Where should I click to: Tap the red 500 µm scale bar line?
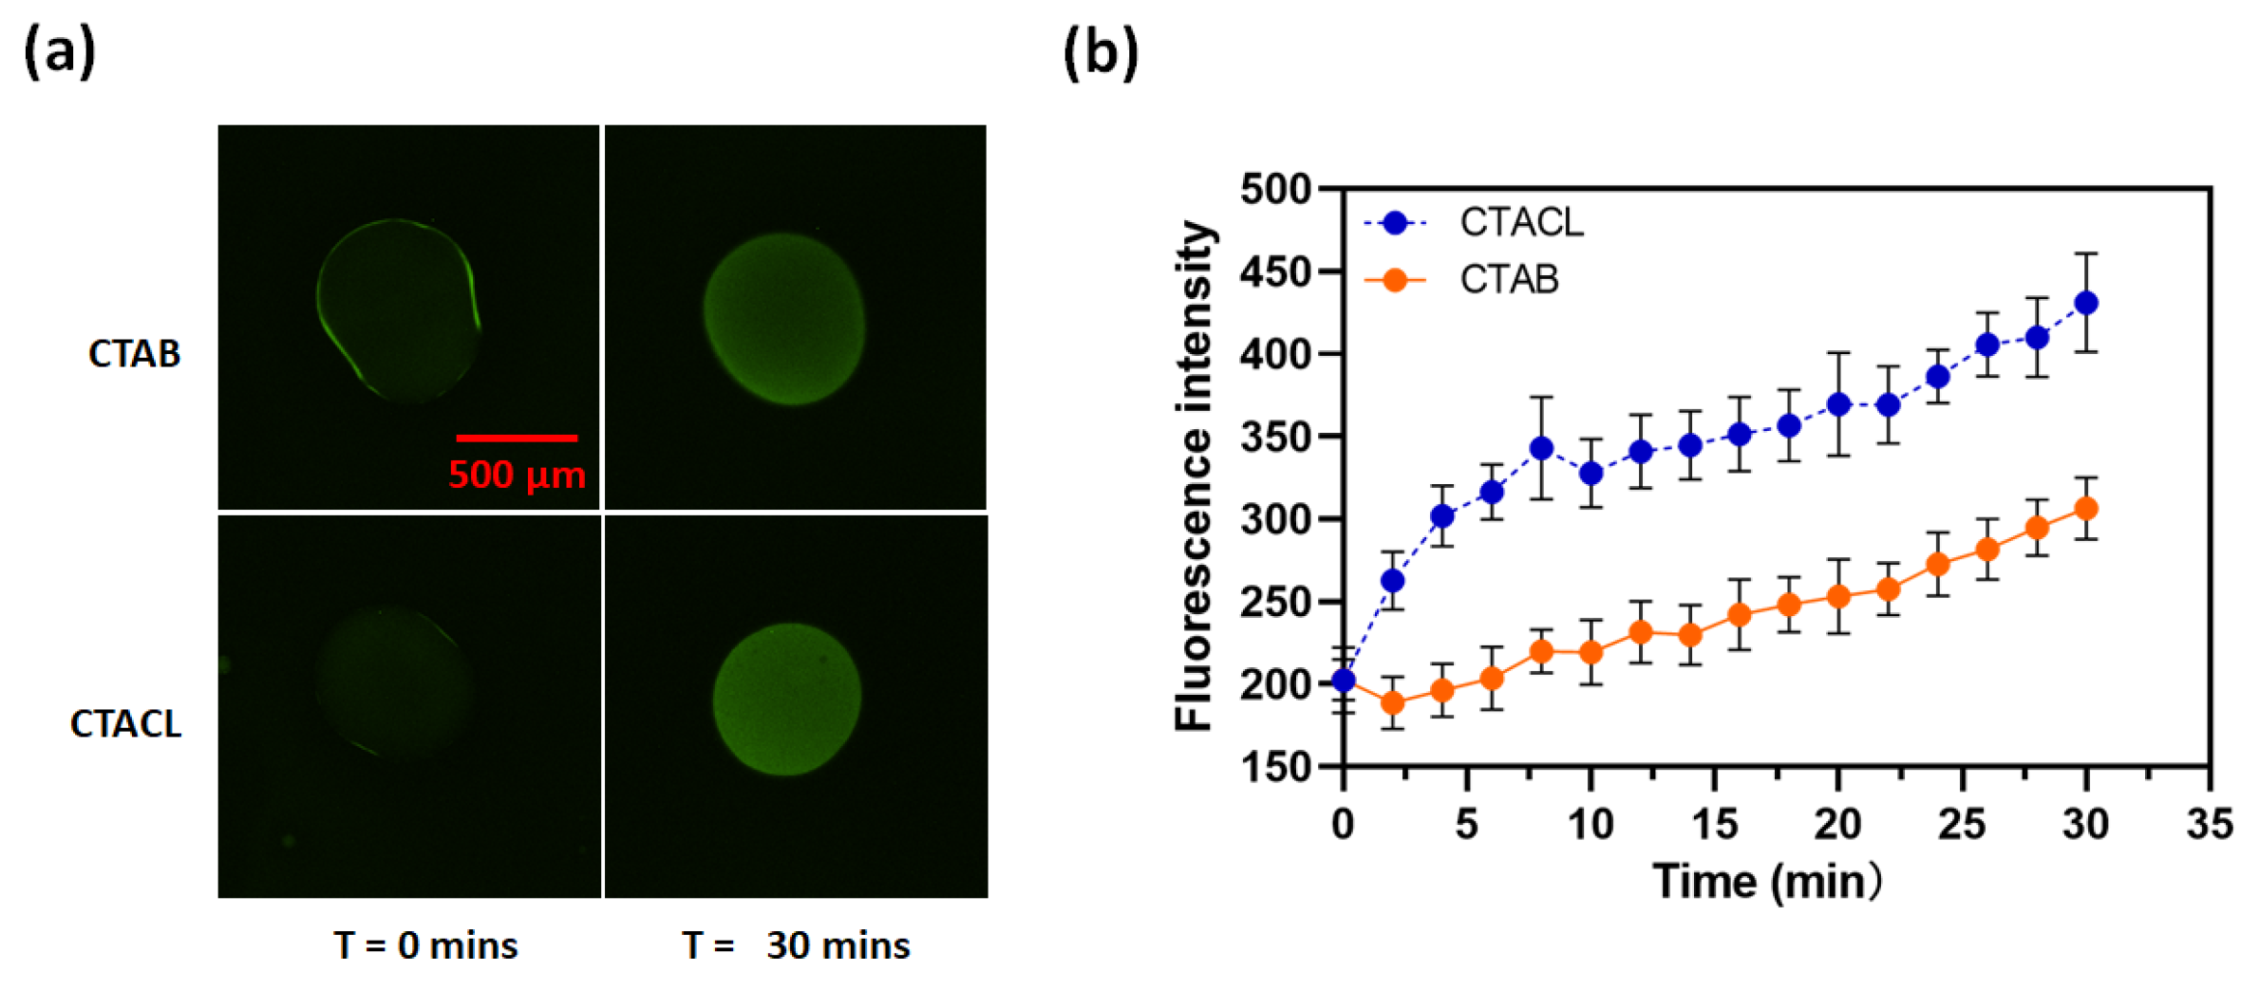coord(517,438)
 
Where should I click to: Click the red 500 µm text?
coord(517,475)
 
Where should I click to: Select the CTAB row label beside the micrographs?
coord(134,354)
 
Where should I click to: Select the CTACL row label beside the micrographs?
coord(125,724)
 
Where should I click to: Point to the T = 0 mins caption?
coord(425,945)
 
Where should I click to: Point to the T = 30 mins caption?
coord(796,945)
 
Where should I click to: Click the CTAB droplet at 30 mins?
coord(784,320)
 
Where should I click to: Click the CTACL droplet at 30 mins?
coord(786,700)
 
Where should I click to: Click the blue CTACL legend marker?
coord(1395,223)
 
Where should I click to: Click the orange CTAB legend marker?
coord(1395,280)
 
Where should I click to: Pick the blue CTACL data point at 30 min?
coord(2086,304)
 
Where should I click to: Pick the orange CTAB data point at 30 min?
coord(2086,509)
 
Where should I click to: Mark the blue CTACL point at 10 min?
coord(1591,473)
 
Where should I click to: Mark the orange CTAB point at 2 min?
coord(1393,703)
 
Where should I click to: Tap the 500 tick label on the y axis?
coord(1275,190)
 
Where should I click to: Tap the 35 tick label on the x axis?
coord(2210,824)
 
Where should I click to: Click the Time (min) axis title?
coord(1766,882)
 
